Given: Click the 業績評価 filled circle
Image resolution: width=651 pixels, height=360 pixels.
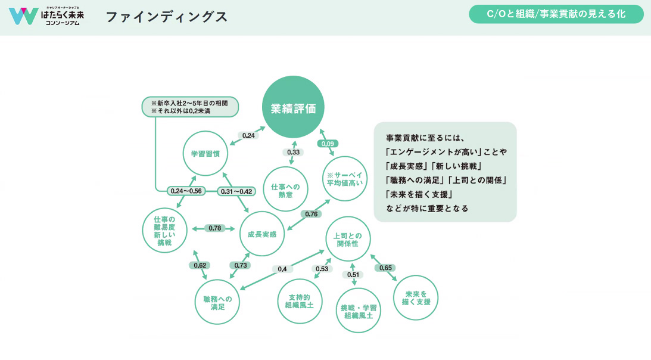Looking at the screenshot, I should [x=294, y=107].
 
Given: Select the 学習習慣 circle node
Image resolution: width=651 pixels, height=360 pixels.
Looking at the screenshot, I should [x=205, y=153].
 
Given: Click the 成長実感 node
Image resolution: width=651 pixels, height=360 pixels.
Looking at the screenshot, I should [x=262, y=234].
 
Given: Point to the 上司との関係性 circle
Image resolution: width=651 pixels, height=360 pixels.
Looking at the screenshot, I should [x=348, y=238].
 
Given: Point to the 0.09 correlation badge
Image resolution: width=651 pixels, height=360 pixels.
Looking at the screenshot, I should [x=328, y=144].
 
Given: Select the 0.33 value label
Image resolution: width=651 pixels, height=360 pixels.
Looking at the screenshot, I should [x=293, y=153].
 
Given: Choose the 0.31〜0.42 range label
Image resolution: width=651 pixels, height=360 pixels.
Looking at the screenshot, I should [x=236, y=191].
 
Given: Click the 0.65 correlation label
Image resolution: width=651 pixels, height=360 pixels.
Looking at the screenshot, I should [x=385, y=268].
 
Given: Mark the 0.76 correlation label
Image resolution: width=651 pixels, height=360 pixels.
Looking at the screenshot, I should [x=311, y=213].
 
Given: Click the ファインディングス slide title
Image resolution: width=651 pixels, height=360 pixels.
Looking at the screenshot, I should [x=166, y=17].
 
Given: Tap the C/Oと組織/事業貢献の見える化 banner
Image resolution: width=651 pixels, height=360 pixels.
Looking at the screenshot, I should [x=556, y=14].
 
